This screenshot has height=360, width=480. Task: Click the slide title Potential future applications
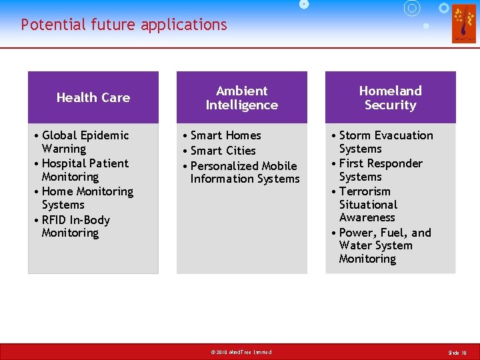point(124,25)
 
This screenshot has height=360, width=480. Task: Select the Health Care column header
point(93,97)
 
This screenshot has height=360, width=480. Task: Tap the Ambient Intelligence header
point(241,98)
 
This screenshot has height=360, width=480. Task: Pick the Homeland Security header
point(390,98)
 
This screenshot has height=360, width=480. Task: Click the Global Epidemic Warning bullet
point(85,142)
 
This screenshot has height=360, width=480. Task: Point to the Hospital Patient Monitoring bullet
point(85,170)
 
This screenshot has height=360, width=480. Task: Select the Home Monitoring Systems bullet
point(87,198)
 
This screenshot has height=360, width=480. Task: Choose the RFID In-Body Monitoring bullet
point(75,226)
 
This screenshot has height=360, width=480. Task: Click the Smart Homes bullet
point(225,135)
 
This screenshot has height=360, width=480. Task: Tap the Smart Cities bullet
point(223,151)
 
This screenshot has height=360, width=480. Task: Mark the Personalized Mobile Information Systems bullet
point(244,172)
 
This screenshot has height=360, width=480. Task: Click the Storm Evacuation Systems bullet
point(385,142)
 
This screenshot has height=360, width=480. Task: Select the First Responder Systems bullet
point(380,170)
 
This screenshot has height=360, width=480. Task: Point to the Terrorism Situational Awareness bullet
point(367,205)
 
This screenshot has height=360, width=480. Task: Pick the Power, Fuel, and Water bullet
point(384,245)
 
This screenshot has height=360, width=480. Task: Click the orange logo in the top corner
point(463,23)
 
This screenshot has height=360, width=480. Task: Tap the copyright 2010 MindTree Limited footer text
point(241,352)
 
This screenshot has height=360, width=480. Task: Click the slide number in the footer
point(457,352)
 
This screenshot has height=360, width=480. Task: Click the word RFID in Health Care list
point(56,220)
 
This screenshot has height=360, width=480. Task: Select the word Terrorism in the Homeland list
point(365,191)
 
